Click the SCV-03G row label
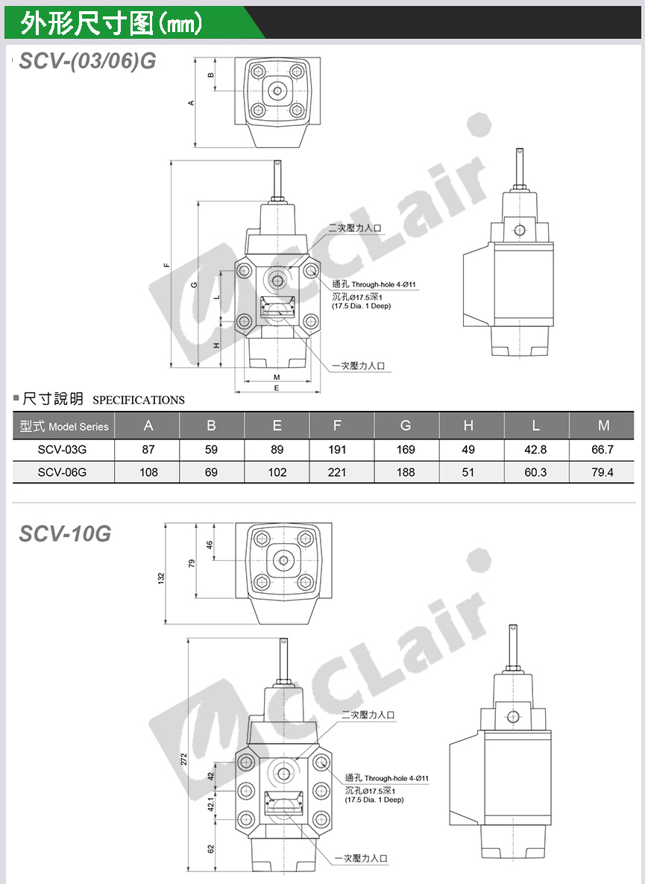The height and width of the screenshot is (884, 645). pyautogui.click(x=62, y=449)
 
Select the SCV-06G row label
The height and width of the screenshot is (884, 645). pyautogui.click(x=62, y=472)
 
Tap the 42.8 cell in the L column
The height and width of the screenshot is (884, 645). pyautogui.click(x=535, y=449)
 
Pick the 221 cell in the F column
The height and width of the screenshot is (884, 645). pyautogui.click(x=337, y=472)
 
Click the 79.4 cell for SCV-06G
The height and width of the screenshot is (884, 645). pyautogui.click(x=602, y=472)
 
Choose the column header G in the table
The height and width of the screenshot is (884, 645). pyautogui.click(x=406, y=426)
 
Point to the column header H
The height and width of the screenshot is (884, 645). pyautogui.click(x=468, y=426)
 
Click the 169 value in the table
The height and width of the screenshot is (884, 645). pyautogui.click(x=406, y=449)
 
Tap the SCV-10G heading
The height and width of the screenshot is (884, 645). pyautogui.click(x=66, y=533)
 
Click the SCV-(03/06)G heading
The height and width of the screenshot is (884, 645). pyautogui.click(x=87, y=60)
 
